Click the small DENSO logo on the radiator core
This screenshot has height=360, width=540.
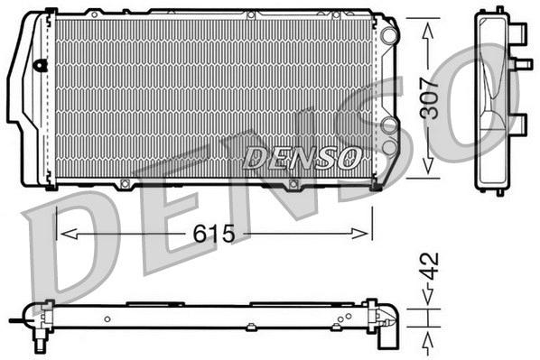pos(301,158)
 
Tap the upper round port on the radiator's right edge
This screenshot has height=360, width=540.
pos(388,34)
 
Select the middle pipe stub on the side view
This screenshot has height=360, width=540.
pos(521,64)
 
